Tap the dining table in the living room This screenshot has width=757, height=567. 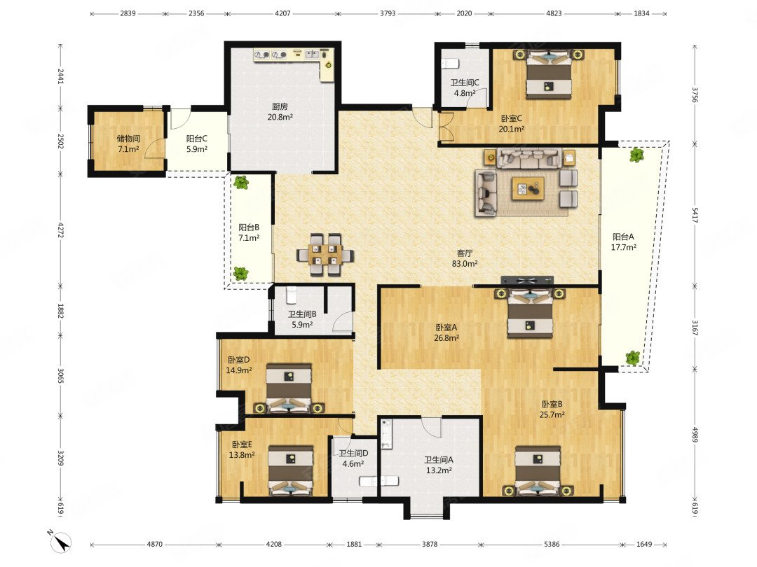tap(325, 255)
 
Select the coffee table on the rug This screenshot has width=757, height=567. tap(528, 188)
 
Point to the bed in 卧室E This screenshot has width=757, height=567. tap(291, 471)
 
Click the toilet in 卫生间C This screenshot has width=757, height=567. tap(449, 63)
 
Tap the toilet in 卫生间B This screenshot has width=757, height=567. tap(291, 295)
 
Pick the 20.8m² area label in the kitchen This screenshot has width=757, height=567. tap(280, 117)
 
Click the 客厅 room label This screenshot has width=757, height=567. tap(465, 253)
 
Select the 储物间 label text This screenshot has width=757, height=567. tap(128, 139)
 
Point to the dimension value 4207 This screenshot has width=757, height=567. tap(282, 13)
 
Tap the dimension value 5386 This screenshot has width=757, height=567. tap(552, 544)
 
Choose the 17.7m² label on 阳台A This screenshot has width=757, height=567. tap(623, 247)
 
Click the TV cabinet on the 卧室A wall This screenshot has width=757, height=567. tap(527, 280)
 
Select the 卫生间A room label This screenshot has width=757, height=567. tap(439, 460)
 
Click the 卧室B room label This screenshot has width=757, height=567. tap(552, 404)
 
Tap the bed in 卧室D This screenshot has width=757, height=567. tap(289, 388)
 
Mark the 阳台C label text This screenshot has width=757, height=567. tap(197, 139)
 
